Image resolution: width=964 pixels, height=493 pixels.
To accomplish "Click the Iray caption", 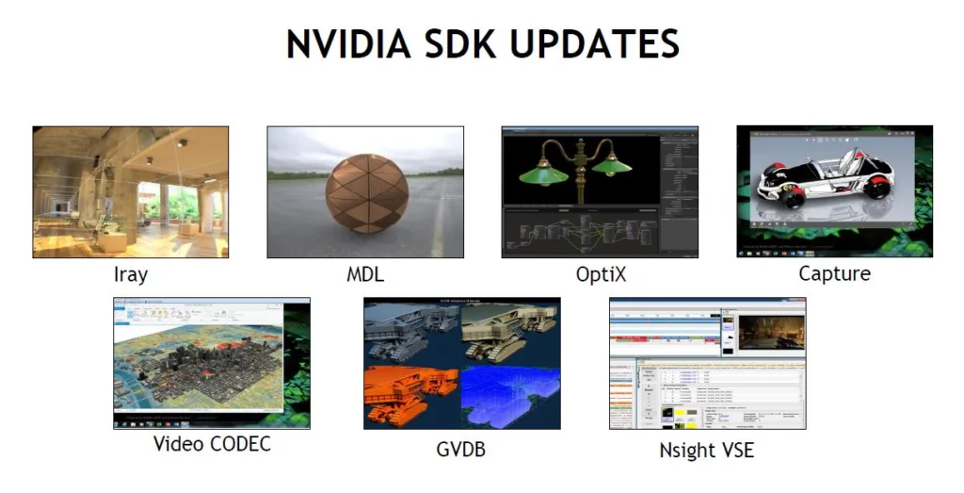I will coord(130,274).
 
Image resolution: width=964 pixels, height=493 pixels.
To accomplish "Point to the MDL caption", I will coord(365,274).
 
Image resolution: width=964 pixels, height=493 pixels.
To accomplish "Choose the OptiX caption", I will coord(601,274).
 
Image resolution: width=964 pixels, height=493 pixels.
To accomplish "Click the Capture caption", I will coord(834,274).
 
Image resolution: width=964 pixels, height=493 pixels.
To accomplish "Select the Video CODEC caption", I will coord(212,443).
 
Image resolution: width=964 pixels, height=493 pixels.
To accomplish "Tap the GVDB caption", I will coord(461,450).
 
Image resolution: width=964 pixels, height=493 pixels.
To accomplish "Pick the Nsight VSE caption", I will coord(706,450).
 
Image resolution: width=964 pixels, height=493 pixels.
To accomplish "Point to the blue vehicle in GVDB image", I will coord(508,396).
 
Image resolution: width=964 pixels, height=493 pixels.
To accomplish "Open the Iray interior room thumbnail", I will coord(130,192).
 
